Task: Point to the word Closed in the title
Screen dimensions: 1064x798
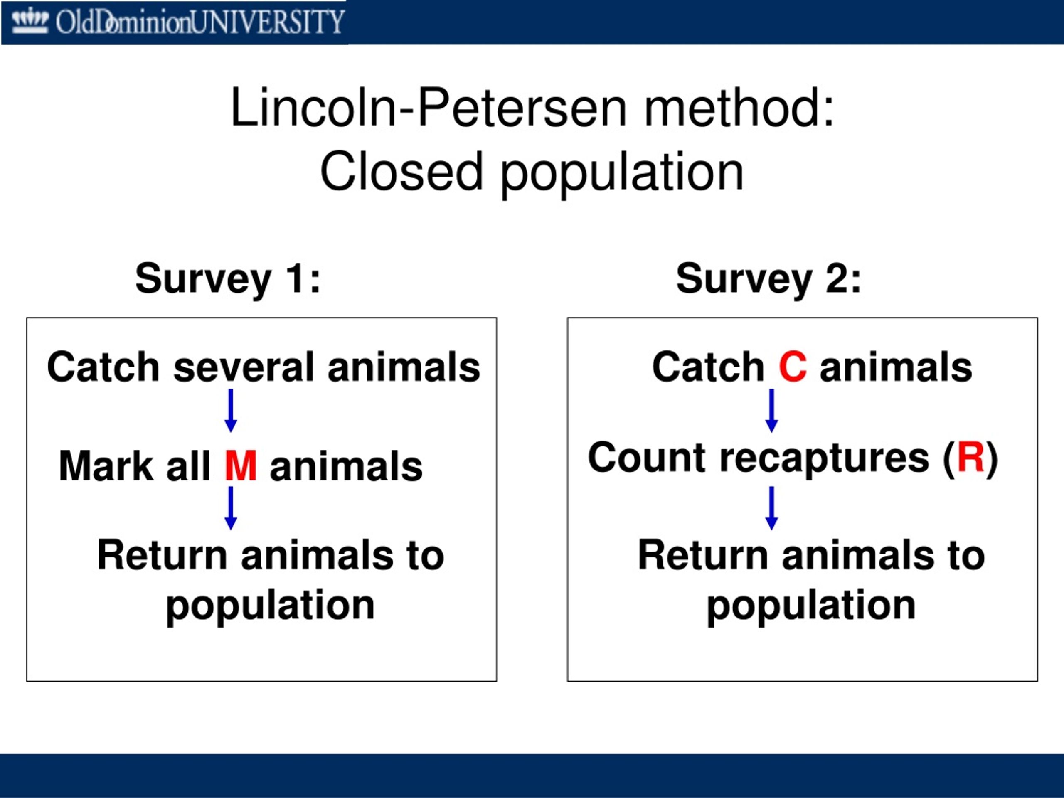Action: (x=401, y=171)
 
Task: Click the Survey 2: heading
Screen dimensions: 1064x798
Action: (x=768, y=279)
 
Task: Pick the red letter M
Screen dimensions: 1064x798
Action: (x=241, y=465)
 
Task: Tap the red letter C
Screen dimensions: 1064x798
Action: (x=792, y=367)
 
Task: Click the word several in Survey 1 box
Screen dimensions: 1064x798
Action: (x=244, y=367)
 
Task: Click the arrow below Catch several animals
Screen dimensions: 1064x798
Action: (x=231, y=410)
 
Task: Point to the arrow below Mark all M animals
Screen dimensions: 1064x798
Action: (x=231, y=508)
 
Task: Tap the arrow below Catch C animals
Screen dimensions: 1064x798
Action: (x=771, y=410)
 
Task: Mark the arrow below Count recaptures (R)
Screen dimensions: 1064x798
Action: (x=771, y=508)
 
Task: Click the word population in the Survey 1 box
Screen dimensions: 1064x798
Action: (x=270, y=606)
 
